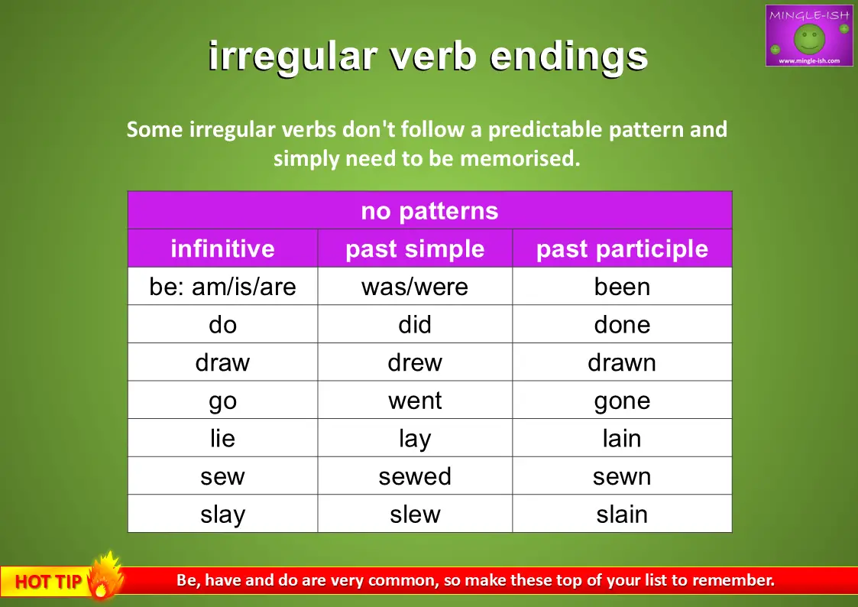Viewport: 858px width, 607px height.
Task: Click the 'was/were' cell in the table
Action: pyautogui.click(x=415, y=286)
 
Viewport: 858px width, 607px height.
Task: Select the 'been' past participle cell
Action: pyautogui.click(x=622, y=286)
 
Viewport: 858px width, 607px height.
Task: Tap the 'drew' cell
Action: pyautogui.click(x=415, y=362)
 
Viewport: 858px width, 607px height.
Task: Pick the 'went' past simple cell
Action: pyautogui.click(x=415, y=400)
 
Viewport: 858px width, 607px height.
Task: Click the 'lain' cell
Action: pyautogui.click(x=622, y=438)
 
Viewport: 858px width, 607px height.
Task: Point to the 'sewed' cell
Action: pyautogui.click(x=415, y=476)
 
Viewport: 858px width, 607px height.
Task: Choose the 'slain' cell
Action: pyautogui.click(x=622, y=514)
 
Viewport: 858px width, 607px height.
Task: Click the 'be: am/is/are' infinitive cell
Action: pyautogui.click(x=222, y=286)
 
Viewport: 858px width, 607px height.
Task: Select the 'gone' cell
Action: pyautogui.click(x=622, y=400)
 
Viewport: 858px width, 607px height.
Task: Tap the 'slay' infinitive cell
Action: pyautogui.click(x=222, y=514)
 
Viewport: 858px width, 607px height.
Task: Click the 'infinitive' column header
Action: pyautogui.click(x=222, y=248)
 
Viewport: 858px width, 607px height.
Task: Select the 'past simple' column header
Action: pyautogui.click(x=415, y=248)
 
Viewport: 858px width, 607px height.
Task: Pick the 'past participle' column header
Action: pyautogui.click(x=622, y=248)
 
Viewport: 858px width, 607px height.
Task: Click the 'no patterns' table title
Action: pyautogui.click(x=429, y=211)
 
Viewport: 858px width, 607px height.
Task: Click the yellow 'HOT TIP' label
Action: pyautogui.click(x=48, y=581)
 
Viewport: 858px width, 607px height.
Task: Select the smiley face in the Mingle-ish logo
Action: pyautogui.click(x=809, y=39)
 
